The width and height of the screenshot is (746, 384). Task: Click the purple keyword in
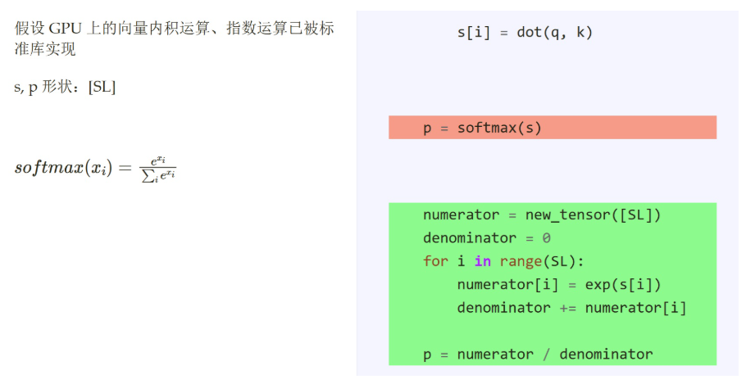[482, 261]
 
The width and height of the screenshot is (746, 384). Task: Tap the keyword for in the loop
[435, 261]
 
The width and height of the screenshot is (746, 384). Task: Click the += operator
[567, 308]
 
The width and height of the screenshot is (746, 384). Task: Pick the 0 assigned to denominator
[546, 238]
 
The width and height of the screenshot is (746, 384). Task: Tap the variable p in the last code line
[427, 355]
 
